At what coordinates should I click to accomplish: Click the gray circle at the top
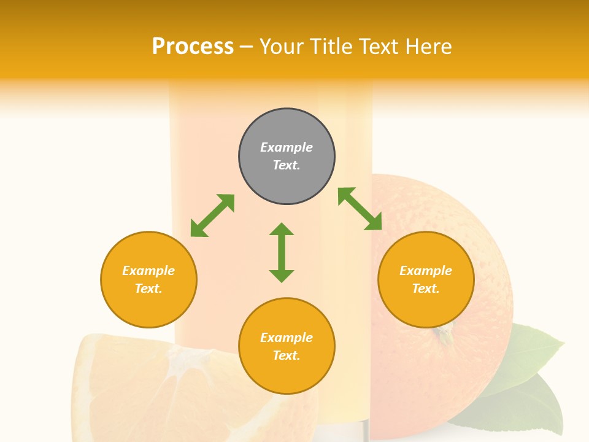tap(287, 157)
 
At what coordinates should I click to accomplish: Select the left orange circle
tap(148, 279)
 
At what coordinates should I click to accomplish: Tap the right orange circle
tap(426, 279)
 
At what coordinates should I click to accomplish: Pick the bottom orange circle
tap(287, 346)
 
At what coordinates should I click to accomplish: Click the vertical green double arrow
tap(282, 252)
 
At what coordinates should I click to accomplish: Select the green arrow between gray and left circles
tap(212, 215)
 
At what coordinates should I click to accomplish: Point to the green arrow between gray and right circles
tap(360, 209)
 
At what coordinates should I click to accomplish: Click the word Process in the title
tap(193, 46)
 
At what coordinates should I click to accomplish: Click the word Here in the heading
tap(428, 46)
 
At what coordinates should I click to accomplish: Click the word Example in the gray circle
tap(287, 147)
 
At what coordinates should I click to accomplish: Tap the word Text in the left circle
tap(148, 289)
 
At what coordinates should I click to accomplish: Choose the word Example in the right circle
tap(426, 271)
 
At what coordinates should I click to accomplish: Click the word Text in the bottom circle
tap(287, 355)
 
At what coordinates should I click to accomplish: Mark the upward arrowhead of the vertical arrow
tap(282, 230)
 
